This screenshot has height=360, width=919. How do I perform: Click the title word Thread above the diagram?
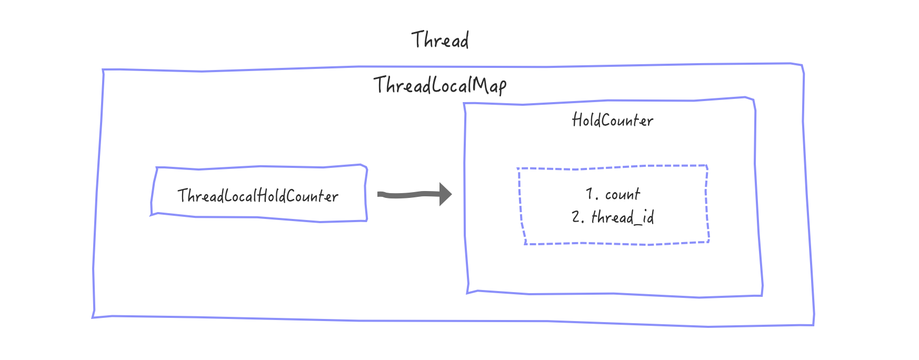(440, 40)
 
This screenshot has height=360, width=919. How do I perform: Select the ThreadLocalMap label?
(440, 85)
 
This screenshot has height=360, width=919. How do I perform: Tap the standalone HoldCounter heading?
(613, 121)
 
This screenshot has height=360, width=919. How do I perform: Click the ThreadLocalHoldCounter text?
(258, 196)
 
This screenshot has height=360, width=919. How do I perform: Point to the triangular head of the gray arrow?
(445, 194)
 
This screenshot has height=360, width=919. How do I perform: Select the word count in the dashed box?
(623, 195)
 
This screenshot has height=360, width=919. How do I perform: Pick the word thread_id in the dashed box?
(623, 217)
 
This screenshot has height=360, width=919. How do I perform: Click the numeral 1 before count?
(590, 194)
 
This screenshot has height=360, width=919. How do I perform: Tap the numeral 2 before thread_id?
(576, 217)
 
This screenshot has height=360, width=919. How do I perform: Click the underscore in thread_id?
(638, 223)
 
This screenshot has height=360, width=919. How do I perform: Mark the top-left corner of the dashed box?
(518, 169)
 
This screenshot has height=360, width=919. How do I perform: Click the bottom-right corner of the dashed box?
(709, 242)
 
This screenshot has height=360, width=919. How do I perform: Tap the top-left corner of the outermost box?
(103, 69)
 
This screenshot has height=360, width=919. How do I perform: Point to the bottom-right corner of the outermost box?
(813, 325)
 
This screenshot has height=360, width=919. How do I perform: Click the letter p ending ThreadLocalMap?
(502, 87)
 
